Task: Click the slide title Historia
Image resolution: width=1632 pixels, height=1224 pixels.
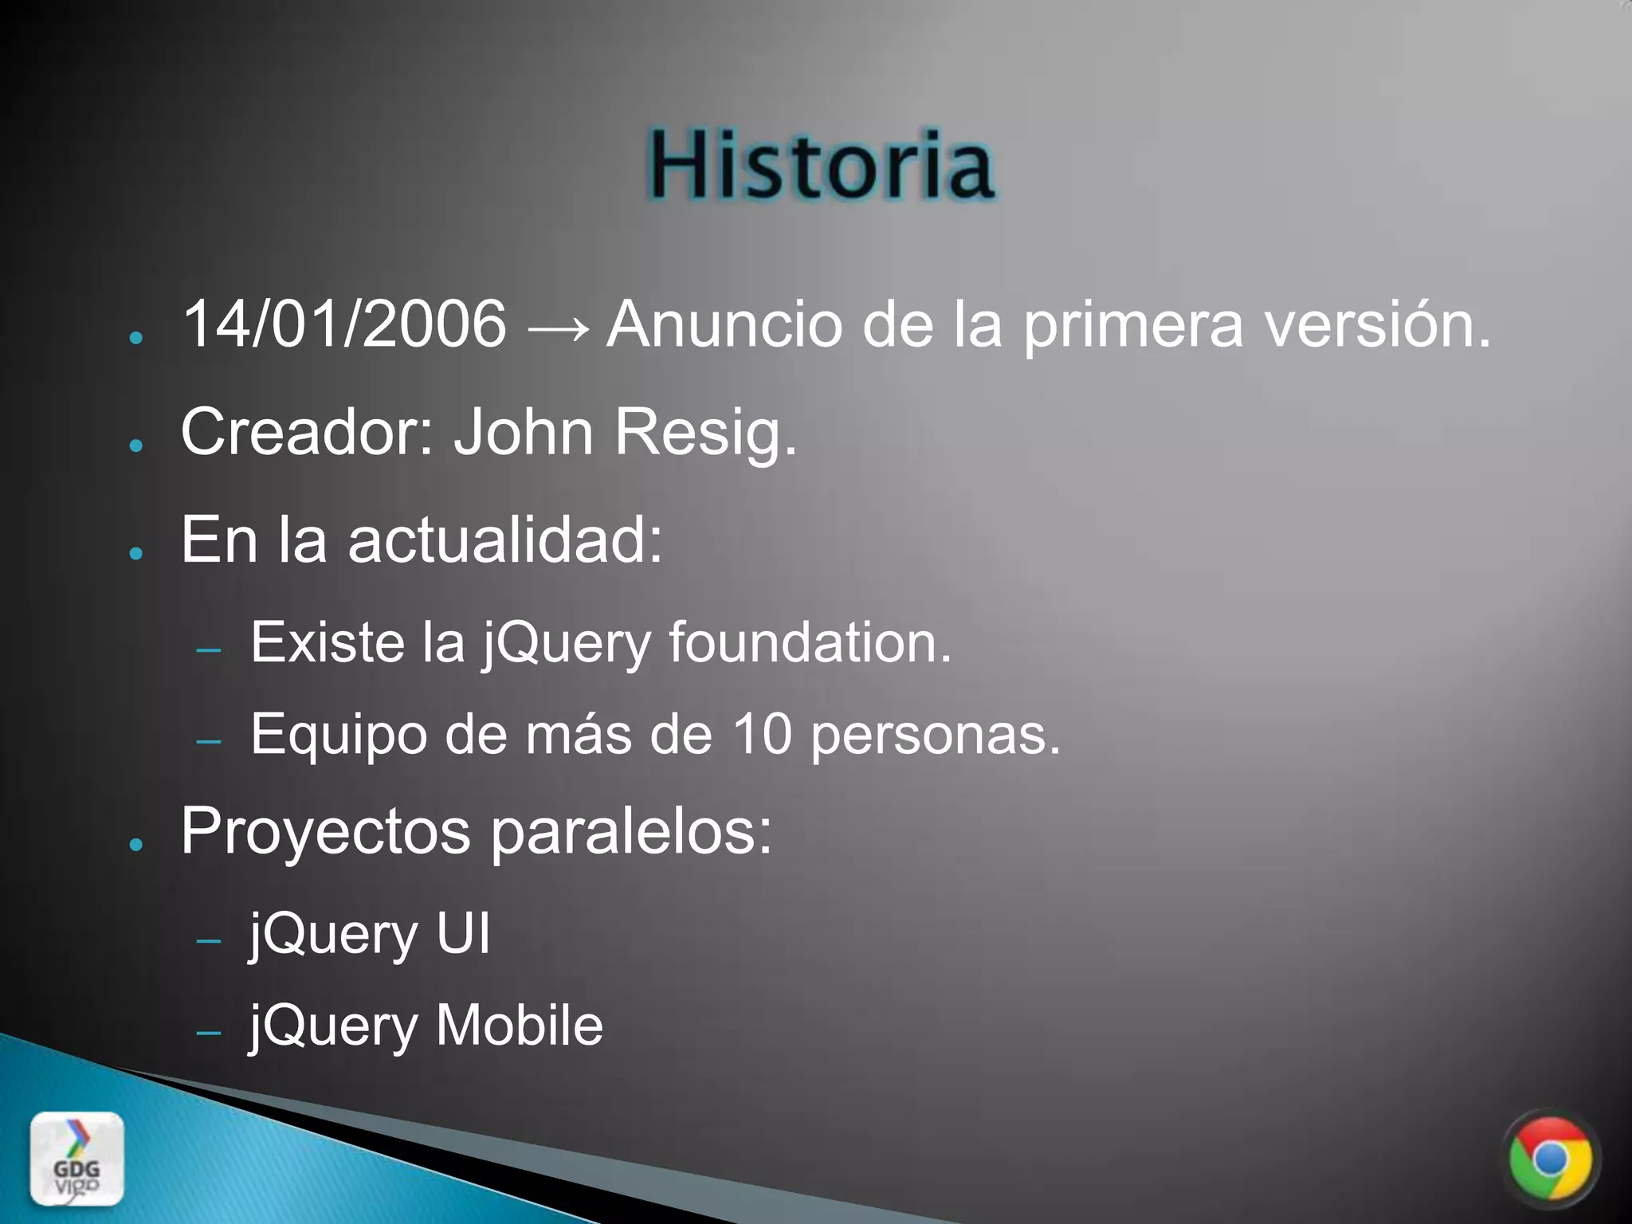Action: tap(820, 166)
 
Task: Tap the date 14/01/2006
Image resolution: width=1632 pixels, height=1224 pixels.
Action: tap(344, 324)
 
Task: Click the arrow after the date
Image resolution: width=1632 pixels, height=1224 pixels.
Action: tap(557, 327)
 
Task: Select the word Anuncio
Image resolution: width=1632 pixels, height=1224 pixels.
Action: tap(724, 324)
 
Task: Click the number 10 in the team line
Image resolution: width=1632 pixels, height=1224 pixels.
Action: tap(761, 734)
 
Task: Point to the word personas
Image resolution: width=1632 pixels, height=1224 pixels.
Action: tap(936, 736)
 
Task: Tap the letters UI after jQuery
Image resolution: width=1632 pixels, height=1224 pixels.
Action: tap(463, 934)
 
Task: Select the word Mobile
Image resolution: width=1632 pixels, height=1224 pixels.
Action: tap(520, 1026)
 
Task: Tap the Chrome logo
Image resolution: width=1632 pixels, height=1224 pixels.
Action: tap(1550, 1159)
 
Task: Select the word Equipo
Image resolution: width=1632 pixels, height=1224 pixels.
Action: tap(338, 736)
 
